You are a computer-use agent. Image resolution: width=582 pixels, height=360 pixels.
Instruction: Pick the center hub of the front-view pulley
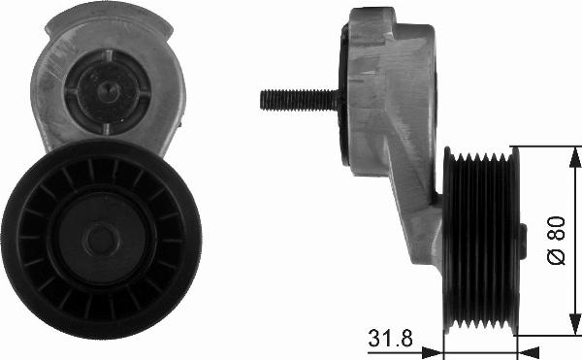click(x=101, y=239)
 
